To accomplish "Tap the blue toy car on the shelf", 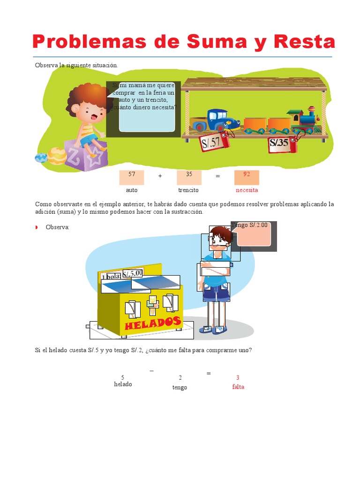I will pyautogui.click(x=212, y=120).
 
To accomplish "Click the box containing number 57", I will pyautogui.click(x=132, y=177).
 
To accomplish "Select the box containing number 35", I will pyautogui.click(x=189, y=177).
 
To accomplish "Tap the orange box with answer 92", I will pyautogui.click(x=247, y=177).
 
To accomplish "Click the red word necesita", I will pyautogui.click(x=247, y=190).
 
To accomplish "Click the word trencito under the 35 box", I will pyautogui.click(x=188, y=190).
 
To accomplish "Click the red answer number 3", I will pyautogui.click(x=238, y=377).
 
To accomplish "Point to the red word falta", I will pyautogui.click(x=238, y=387).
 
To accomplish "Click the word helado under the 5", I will pyautogui.click(x=123, y=384).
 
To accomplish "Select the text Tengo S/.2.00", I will pyautogui.click(x=249, y=225).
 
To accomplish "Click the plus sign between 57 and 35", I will pyautogui.click(x=160, y=176).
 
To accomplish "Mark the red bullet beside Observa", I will pyautogui.click(x=37, y=227).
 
